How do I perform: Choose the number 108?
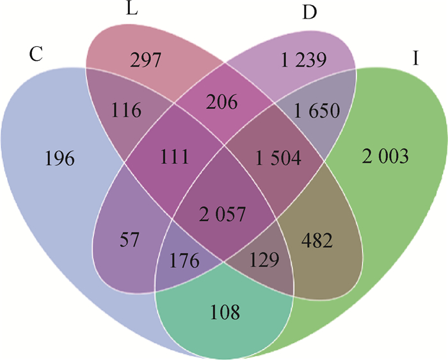(x=224, y=313)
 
